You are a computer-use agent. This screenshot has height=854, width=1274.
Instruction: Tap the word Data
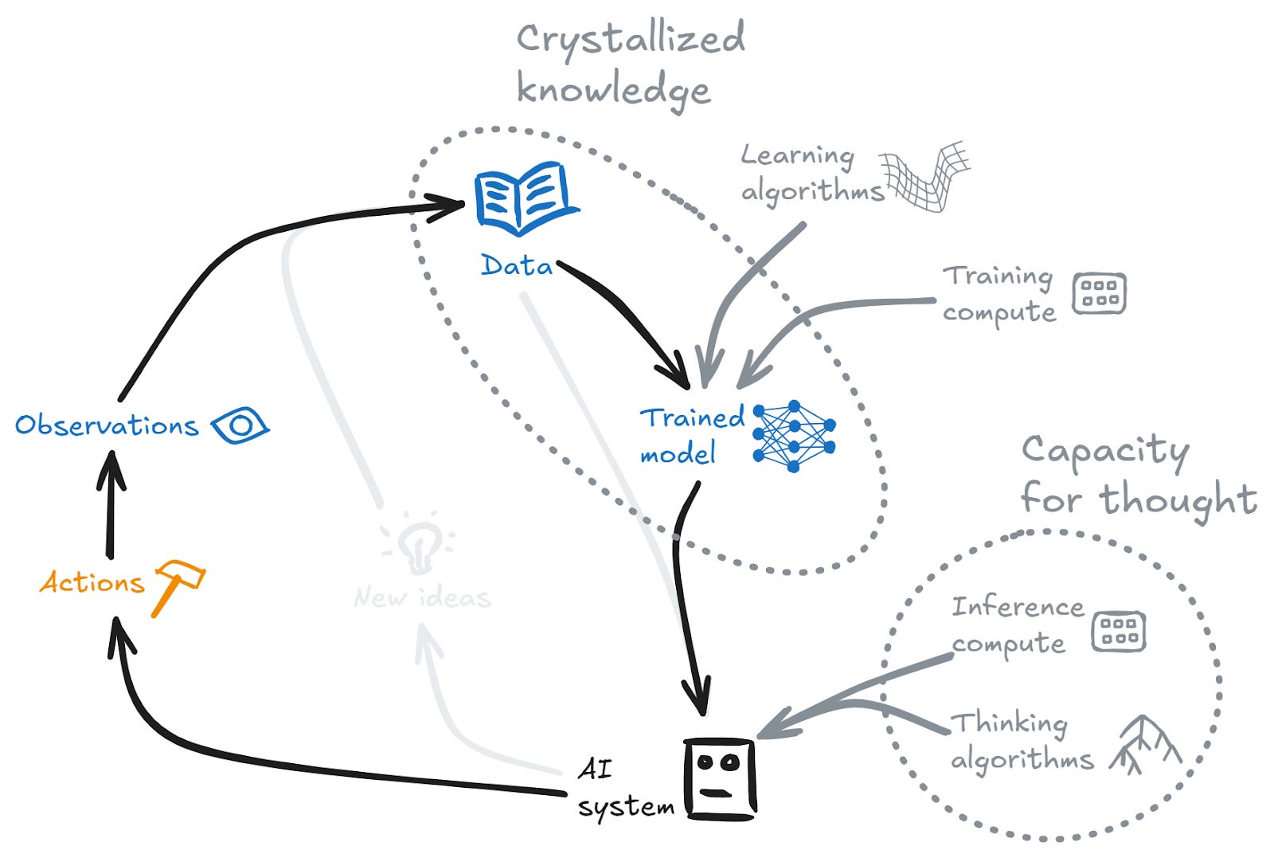(x=517, y=265)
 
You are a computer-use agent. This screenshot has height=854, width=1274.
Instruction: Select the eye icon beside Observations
(x=240, y=425)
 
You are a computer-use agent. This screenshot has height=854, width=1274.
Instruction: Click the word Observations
(x=107, y=425)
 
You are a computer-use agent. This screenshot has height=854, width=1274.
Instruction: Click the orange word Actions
(x=92, y=582)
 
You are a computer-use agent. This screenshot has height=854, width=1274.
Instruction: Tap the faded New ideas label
(x=422, y=597)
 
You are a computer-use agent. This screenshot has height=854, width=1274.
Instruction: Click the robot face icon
(x=719, y=779)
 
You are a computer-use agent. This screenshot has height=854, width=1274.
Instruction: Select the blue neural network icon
(x=793, y=436)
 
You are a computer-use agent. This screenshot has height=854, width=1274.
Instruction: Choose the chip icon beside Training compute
(x=1099, y=293)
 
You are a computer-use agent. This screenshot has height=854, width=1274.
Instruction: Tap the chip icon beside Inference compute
(x=1118, y=631)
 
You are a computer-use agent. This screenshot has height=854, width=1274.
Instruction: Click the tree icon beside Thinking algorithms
(x=1147, y=745)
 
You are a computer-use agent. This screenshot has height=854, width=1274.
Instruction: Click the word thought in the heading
(x=1178, y=500)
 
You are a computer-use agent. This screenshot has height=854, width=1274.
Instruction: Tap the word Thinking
(x=1010, y=723)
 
